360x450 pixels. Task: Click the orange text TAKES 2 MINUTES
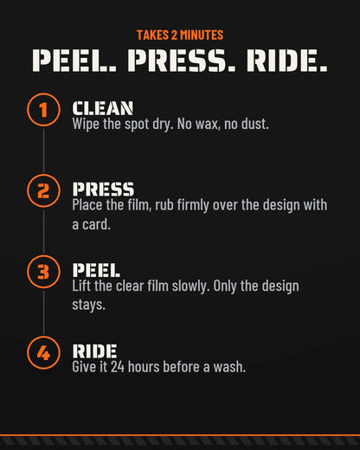coord(180,35)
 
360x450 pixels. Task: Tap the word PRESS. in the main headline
coord(182,61)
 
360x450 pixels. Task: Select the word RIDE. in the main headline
coord(287,61)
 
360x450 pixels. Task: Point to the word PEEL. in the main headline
coord(74,61)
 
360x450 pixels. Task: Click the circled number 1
coord(43,110)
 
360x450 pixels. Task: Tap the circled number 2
coord(43,191)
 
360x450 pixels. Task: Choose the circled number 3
coord(43,272)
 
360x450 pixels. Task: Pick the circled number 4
coord(43,353)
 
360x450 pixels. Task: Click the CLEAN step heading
coord(103,108)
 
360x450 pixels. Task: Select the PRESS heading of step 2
coord(103,190)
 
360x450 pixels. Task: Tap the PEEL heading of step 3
coord(96,270)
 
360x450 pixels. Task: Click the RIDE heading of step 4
coord(94,351)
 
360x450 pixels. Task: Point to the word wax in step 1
coord(208,125)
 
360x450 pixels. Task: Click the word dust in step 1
coord(255,124)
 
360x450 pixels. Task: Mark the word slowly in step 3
coord(190,286)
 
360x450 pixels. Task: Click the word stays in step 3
coord(88,305)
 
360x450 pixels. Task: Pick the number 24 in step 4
coord(118,367)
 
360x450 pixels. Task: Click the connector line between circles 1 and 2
coord(43,151)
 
